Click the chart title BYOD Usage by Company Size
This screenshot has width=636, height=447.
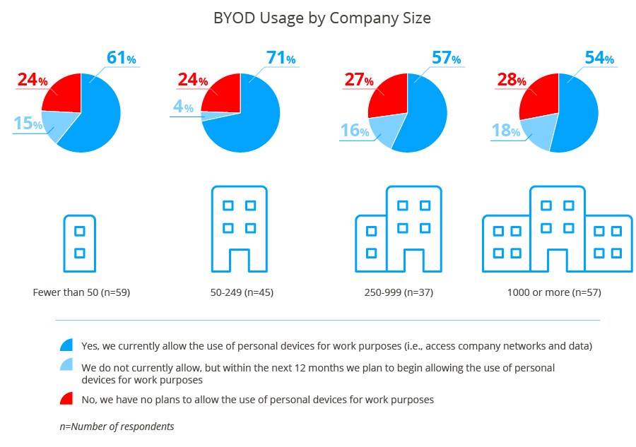pos(322,18)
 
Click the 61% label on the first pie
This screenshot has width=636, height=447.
pos(121,58)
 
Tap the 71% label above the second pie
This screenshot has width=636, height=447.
pos(281,58)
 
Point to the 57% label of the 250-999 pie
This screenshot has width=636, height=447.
pos(446,58)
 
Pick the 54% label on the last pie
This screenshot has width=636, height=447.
pos(599,58)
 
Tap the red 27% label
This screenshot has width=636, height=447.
pos(358,81)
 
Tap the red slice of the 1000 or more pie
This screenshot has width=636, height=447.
pos(538,95)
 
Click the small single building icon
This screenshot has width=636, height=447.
pos(80,243)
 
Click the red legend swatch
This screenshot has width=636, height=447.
pos(66,399)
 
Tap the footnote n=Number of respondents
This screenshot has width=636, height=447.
pos(117,427)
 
